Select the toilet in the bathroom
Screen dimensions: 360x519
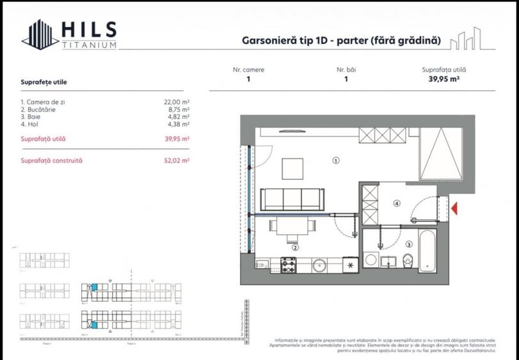pyautogui.click(x=408, y=259)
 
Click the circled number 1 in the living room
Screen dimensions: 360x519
pyautogui.click(x=335, y=161)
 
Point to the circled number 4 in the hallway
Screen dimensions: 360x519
pyautogui.click(x=397, y=203)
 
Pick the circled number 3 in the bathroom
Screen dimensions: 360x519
pyautogui.click(x=408, y=244)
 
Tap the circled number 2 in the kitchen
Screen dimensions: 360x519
pyautogui.click(x=295, y=247)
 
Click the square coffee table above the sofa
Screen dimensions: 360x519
pyautogui.click(x=296, y=168)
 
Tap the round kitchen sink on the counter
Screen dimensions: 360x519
pyautogui.click(x=319, y=263)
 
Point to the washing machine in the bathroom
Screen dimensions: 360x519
pyautogui.click(x=371, y=260)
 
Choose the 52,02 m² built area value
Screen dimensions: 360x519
pyautogui.click(x=177, y=161)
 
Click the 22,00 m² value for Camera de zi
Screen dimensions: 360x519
pyautogui.click(x=177, y=102)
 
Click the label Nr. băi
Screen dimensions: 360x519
pyautogui.click(x=346, y=70)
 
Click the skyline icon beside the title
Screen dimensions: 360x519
pyautogui.click(x=465, y=40)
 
